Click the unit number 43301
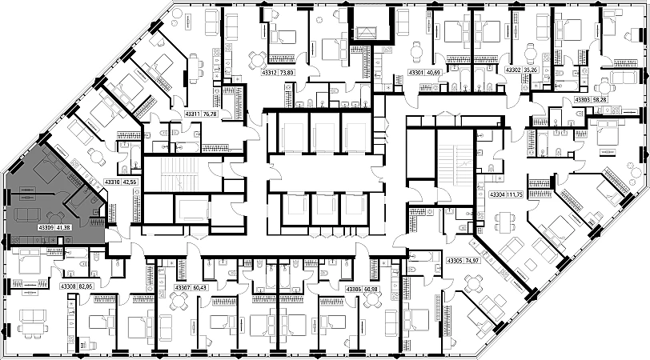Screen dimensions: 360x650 click(416, 72)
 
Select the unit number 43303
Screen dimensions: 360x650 click(583, 99)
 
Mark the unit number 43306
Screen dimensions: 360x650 click(354, 288)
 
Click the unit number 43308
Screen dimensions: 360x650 click(68, 286)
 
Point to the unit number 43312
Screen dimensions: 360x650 click(269, 73)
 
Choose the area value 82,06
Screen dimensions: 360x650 click(86, 286)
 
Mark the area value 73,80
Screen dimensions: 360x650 click(287, 73)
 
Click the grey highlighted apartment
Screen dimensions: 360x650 click(48, 192)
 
